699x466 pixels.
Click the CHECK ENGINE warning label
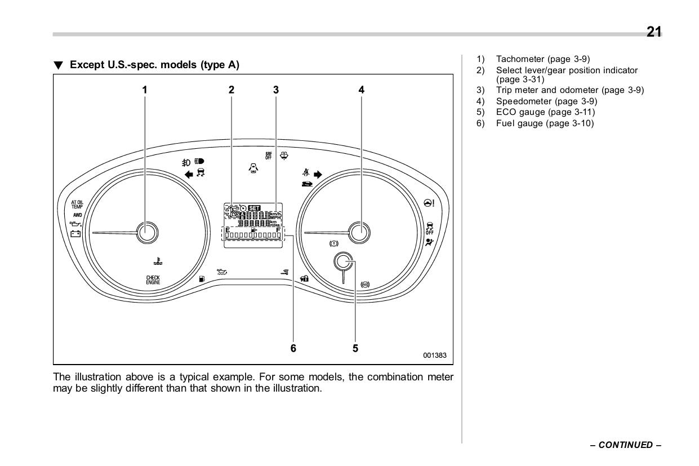(153, 280)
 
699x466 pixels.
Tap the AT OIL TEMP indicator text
(77, 204)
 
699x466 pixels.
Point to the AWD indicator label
(77, 215)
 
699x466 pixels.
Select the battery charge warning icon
(75, 234)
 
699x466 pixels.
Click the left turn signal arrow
(189, 174)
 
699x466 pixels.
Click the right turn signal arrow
(318, 175)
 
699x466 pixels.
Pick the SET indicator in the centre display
(255, 207)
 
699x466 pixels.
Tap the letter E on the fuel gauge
(228, 230)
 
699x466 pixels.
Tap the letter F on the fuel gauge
(278, 230)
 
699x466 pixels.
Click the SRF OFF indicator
(269, 156)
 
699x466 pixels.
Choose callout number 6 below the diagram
(293, 348)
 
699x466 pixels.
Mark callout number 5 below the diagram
(355, 348)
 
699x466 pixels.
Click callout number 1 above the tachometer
(145, 89)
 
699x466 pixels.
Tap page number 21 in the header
(654, 32)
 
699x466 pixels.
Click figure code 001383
(434, 356)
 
